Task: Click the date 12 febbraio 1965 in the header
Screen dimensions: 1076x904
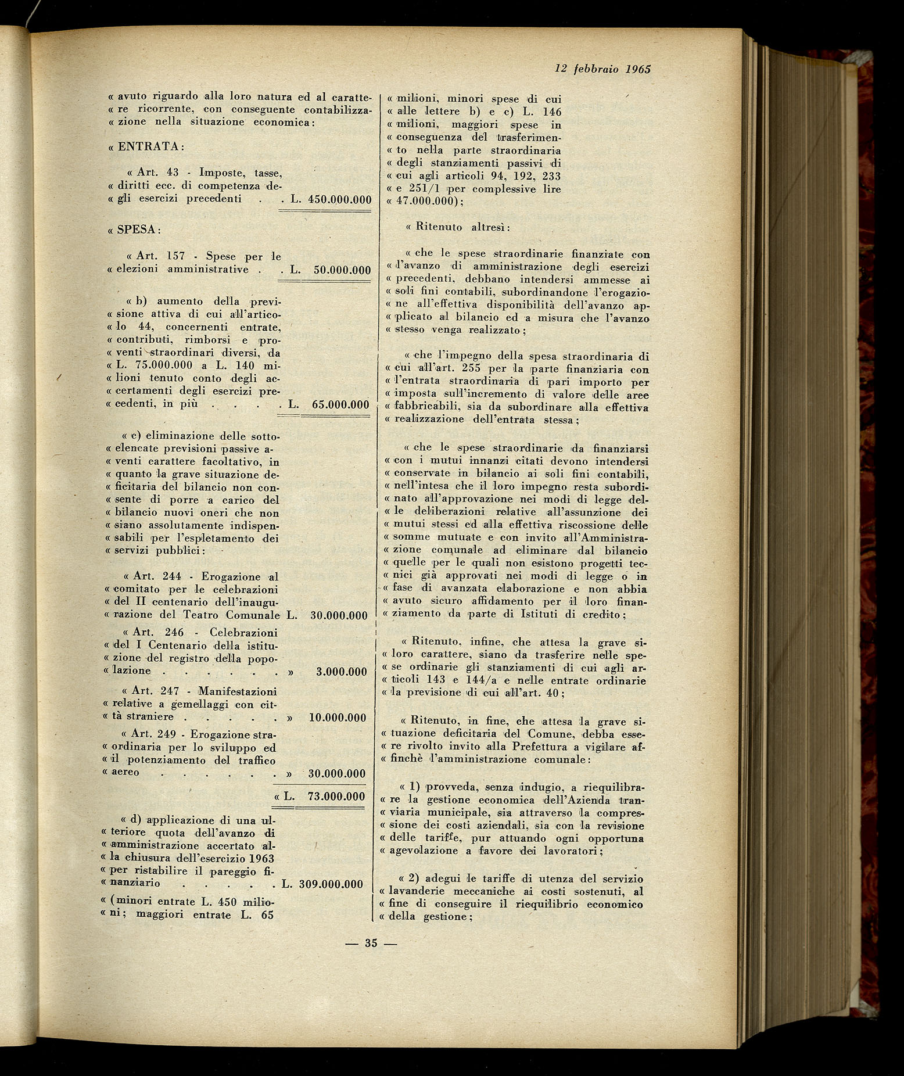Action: pos(602,69)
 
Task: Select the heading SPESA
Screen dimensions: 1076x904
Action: pos(137,229)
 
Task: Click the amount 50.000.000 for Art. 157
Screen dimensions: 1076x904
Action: pos(342,270)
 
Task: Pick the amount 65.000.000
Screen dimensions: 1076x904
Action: pos(340,404)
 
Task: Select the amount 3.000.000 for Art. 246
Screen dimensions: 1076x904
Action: pos(341,672)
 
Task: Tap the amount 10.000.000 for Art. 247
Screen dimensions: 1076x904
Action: pos(338,718)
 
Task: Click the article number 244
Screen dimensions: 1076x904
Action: pos(171,577)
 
